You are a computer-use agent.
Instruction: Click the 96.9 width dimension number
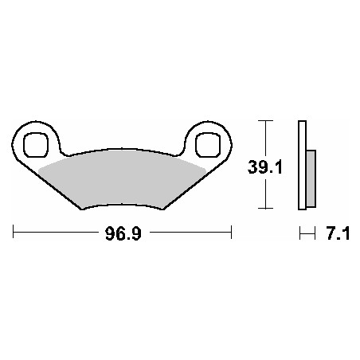(123, 233)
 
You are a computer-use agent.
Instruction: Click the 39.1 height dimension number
(264, 167)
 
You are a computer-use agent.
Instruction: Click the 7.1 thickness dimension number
(338, 233)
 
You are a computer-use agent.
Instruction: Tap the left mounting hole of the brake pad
(36, 145)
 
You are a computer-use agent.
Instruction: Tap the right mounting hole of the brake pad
(208, 145)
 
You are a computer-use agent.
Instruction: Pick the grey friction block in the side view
(311, 178)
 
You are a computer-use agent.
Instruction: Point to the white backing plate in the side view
(302, 165)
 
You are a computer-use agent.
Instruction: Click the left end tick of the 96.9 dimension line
(13, 232)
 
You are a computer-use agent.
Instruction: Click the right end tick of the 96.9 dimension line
(232, 232)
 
